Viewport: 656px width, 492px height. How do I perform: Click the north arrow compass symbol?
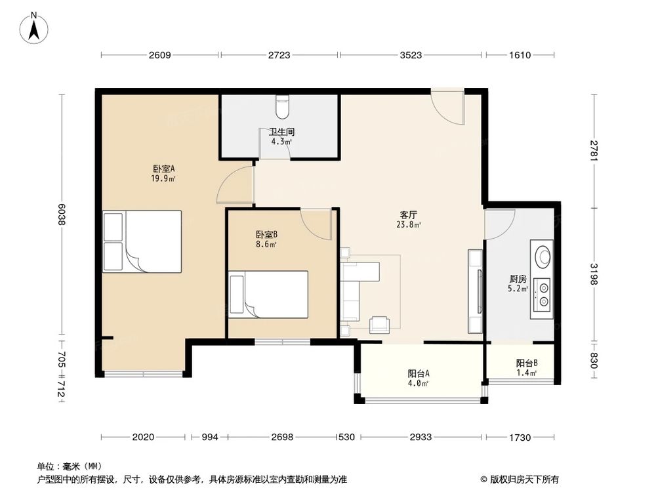(x=34, y=28)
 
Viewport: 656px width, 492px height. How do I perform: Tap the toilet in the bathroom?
(x=283, y=107)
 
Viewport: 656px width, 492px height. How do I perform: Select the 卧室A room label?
(x=163, y=169)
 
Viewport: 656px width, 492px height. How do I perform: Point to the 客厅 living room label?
(x=408, y=215)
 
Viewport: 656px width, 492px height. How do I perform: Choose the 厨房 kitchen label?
(x=518, y=279)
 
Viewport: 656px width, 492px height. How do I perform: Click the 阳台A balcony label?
(x=419, y=373)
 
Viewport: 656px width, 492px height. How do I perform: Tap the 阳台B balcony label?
(x=527, y=363)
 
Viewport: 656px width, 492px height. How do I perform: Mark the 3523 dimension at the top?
(x=411, y=55)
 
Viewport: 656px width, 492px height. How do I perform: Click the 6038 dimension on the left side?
(x=62, y=215)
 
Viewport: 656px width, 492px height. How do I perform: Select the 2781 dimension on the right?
(x=594, y=151)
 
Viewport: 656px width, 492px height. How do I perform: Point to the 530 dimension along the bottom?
(x=346, y=437)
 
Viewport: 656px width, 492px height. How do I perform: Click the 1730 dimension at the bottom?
(x=520, y=437)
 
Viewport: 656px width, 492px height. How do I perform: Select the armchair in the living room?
(x=380, y=325)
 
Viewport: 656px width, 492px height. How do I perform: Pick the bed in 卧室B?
(x=268, y=295)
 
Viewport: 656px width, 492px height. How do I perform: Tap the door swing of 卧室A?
(x=235, y=184)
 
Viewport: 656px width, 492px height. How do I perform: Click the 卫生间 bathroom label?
(x=281, y=132)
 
